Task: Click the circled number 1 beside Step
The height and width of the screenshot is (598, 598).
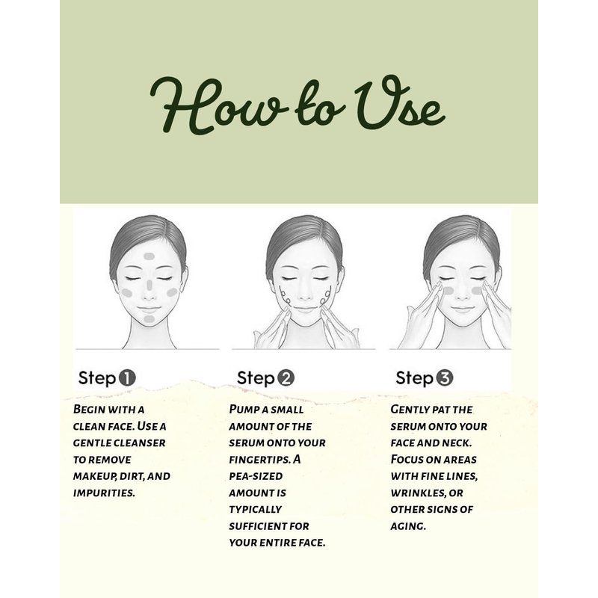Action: (x=127, y=378)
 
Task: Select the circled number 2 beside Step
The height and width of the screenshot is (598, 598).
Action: (x=286, y=378)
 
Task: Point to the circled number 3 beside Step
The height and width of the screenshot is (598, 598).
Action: (x=444, y=378)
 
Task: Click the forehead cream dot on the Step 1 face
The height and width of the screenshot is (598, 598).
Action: (x=149, y=256)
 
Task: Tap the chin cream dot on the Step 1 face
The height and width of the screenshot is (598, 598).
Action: (x=149, y=319)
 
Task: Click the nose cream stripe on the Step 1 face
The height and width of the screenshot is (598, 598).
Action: (x=149, y=285)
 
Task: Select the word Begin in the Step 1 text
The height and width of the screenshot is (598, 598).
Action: (x=89, y=409)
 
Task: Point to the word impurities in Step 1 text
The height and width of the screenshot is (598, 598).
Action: (x=104, y=493)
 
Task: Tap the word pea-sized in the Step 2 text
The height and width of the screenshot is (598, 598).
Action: (x=256, y=476)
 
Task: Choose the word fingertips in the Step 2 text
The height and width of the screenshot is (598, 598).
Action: (x=259, y=460)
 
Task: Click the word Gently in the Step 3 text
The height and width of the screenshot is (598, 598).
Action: (x=410, y=409)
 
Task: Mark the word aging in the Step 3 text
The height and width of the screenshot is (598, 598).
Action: (x=408, y=526)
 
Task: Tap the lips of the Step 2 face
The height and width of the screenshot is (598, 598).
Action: (x=305, y=309)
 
